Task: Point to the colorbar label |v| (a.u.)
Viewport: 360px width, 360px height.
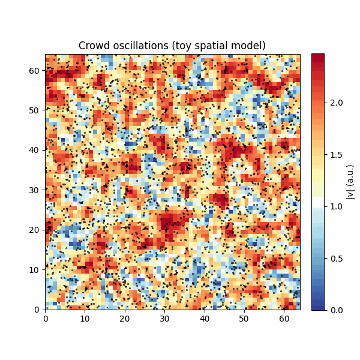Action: (350, 182)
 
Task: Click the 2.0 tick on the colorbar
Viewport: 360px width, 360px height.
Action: (337, 103)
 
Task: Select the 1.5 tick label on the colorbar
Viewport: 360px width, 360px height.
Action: (337, 155)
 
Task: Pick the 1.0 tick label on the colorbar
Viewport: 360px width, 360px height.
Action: (337, 206)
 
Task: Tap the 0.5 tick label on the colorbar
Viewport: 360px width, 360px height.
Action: (337, 259)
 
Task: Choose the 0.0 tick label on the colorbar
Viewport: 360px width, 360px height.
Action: (337, 310)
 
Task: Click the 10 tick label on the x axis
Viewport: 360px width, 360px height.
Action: (85, 319)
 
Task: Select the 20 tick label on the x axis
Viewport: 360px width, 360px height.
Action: (125, 319)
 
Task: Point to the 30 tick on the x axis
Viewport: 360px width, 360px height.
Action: (164, 319)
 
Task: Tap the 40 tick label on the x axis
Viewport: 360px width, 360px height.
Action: (205, 319)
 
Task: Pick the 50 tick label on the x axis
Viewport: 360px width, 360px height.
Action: (244, 319)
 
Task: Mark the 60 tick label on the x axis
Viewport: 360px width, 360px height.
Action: (284, 319)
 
